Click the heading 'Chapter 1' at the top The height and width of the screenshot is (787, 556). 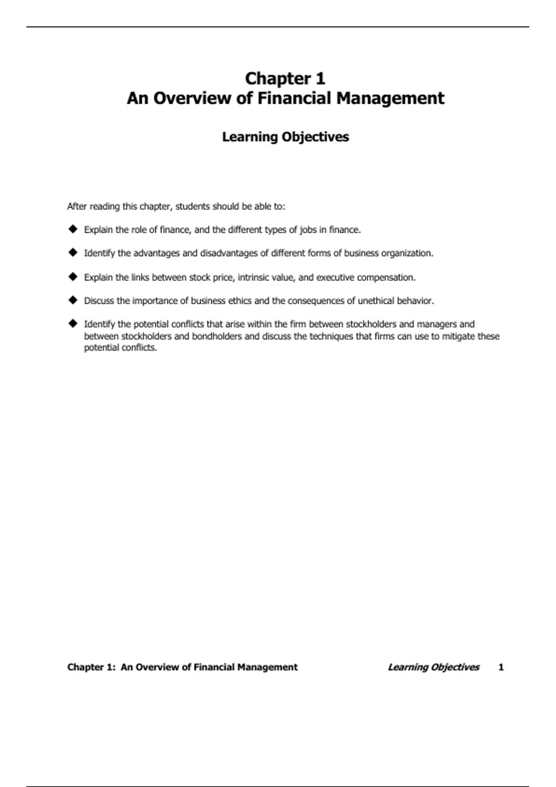point(285,79)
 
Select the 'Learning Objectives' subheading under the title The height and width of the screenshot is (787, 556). point(285,137)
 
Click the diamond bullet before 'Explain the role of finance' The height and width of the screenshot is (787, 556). point(73,229)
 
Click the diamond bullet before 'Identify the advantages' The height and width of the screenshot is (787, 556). point(73,252)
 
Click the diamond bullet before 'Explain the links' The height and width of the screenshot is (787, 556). point(73,276)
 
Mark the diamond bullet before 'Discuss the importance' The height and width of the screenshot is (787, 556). point(73,300)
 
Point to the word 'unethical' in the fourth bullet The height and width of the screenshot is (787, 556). point(376,301)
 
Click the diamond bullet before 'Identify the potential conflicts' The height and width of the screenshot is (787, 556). point(73,323)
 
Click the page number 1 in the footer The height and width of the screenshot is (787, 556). point(501,667)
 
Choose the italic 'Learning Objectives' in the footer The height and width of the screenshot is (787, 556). point(433,667)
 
